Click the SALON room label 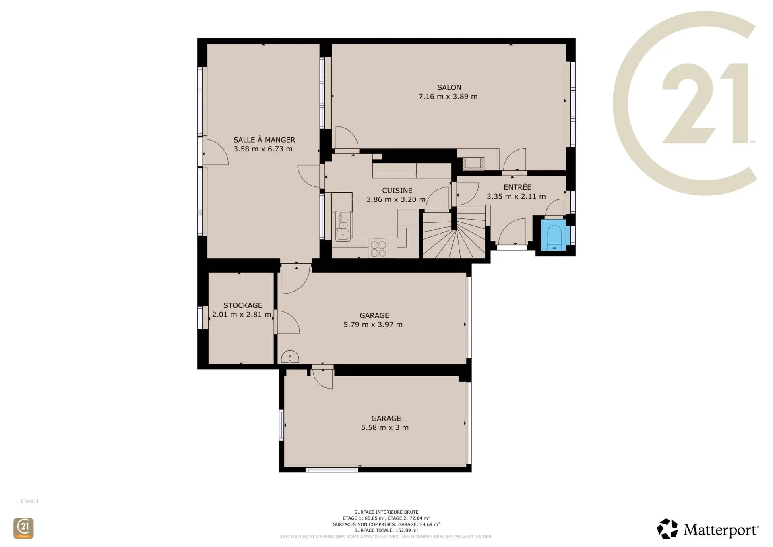(449, 87)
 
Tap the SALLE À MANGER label (264, 139)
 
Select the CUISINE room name (397, 190)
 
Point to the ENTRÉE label (517, 187)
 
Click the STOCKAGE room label (243, 305)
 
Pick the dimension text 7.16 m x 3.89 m (448, 97)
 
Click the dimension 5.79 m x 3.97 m (373, 325)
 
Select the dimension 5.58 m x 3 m (385, 428)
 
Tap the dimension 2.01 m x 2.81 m (242, 315)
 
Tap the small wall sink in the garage (290, 357)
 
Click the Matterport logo (708, 529)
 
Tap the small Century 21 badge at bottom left (23, 528)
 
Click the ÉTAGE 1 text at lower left (30, 501)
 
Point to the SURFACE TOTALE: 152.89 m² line (386, 530)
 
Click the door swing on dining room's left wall (215, 152)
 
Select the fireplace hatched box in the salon (473, 164)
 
